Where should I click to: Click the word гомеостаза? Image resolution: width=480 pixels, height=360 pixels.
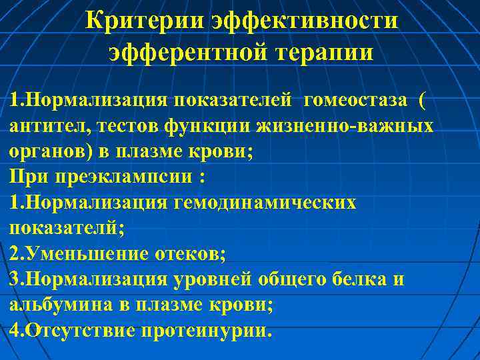[x=355, y=101]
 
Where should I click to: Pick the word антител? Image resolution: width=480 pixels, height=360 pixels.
[x=47, y=126]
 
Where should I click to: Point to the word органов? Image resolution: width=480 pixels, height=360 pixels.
[x=47, y=151]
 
